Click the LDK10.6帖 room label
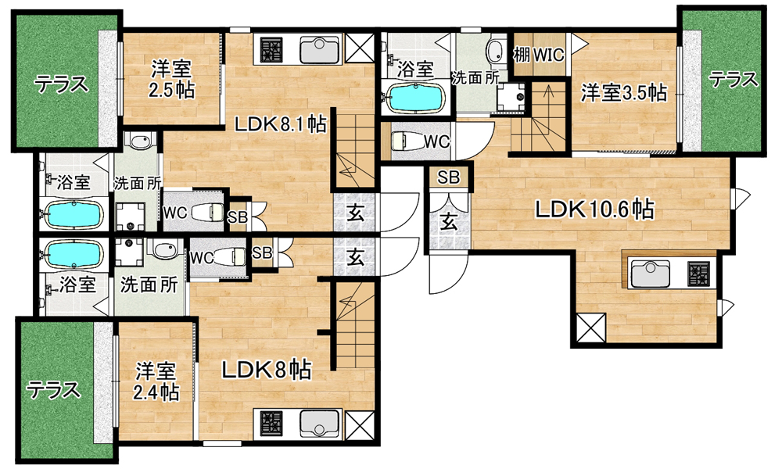tap(594, 209)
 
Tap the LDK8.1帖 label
tap(281, 124)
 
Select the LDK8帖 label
tap(267, 370)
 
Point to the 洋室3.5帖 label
tap(624, 93)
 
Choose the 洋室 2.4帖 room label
tap(156, 381)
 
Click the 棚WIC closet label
tap(539, 55)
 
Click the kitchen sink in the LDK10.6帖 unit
tap(651, 274)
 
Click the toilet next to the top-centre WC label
tap(405, 141)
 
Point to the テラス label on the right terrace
tap(734, 79)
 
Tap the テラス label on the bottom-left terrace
tap(53, 389)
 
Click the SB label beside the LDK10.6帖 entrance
tap(448, 177)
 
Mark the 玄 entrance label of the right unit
tap(449, 221)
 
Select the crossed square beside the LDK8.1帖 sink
tap(360, 48)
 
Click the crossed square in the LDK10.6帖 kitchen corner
tap(591, 328)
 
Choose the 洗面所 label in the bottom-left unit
tap(149, 285)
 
